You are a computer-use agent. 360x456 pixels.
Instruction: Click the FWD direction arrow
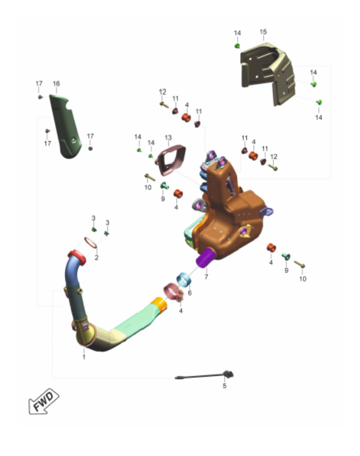(44, 401)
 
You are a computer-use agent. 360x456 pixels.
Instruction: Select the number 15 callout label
(263, 32)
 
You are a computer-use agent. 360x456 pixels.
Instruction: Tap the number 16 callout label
(56, 84)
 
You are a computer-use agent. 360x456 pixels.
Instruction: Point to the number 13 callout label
(168, 137)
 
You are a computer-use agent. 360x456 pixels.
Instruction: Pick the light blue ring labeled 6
(184, 280)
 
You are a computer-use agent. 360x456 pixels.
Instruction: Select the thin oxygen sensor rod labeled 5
(204, 376)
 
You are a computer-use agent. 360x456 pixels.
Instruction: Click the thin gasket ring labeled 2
(90, 243)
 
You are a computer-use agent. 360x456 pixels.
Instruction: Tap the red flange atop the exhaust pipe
(77, 258)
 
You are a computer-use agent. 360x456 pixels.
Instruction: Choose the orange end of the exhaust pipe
(160, 304)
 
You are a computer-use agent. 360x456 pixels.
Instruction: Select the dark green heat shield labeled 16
(66, 126)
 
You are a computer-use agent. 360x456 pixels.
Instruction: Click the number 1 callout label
(84, 357)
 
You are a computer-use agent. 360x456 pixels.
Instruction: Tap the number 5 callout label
(224, 386)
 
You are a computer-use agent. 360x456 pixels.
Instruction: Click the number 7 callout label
(206, 277)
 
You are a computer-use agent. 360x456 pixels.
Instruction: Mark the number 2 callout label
(96, 258)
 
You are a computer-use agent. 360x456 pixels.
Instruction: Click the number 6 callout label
(190, 293)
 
